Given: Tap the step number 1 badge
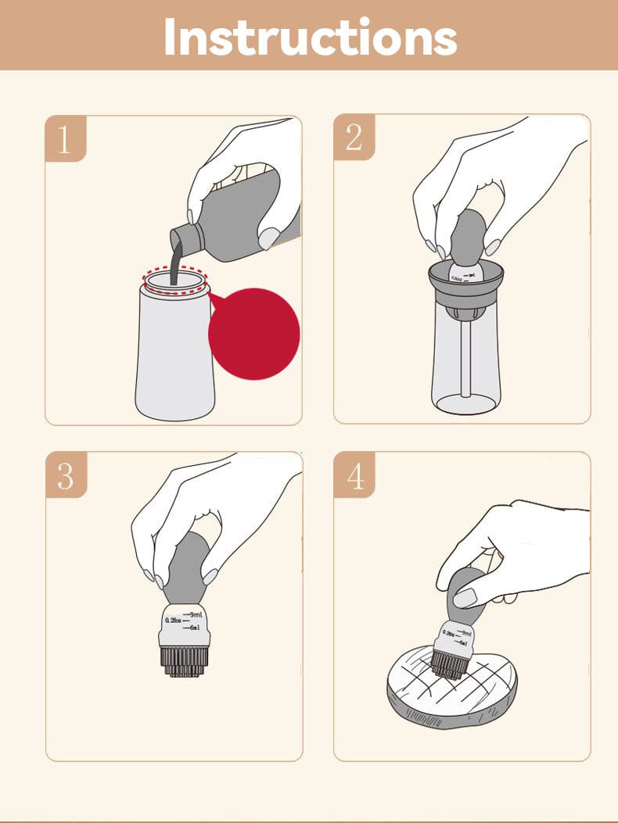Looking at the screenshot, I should (65, 140).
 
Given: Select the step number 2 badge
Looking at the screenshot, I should (354, 138).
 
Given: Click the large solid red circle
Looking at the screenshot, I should (253, 334).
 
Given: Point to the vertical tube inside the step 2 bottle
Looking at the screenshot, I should (466, 360).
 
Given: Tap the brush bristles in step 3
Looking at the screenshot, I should (185, 660).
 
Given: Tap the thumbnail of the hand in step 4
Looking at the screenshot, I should (465, 598).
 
